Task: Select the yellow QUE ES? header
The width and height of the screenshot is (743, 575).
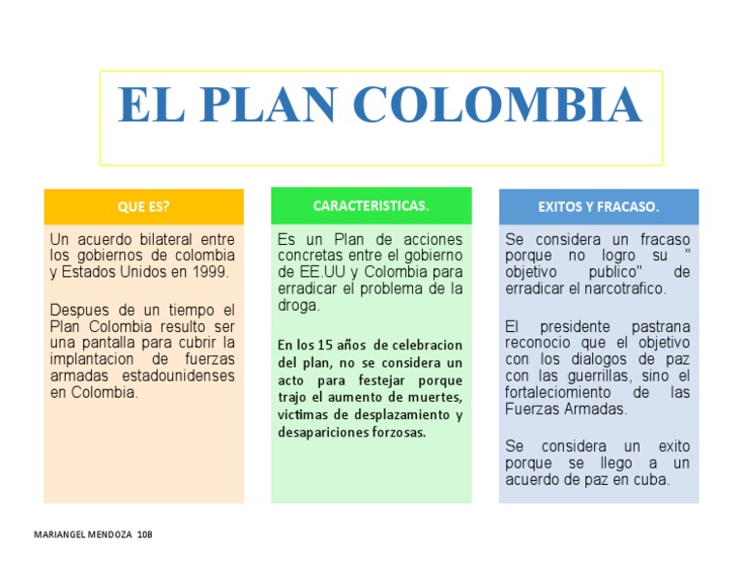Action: [143, 206]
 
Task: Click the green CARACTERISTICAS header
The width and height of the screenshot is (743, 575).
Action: [371, 206]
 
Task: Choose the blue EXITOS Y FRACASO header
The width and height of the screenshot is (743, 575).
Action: [598, 206]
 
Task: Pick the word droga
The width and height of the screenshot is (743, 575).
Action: [298, 306]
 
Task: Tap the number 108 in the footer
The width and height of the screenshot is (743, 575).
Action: [145, 534]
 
